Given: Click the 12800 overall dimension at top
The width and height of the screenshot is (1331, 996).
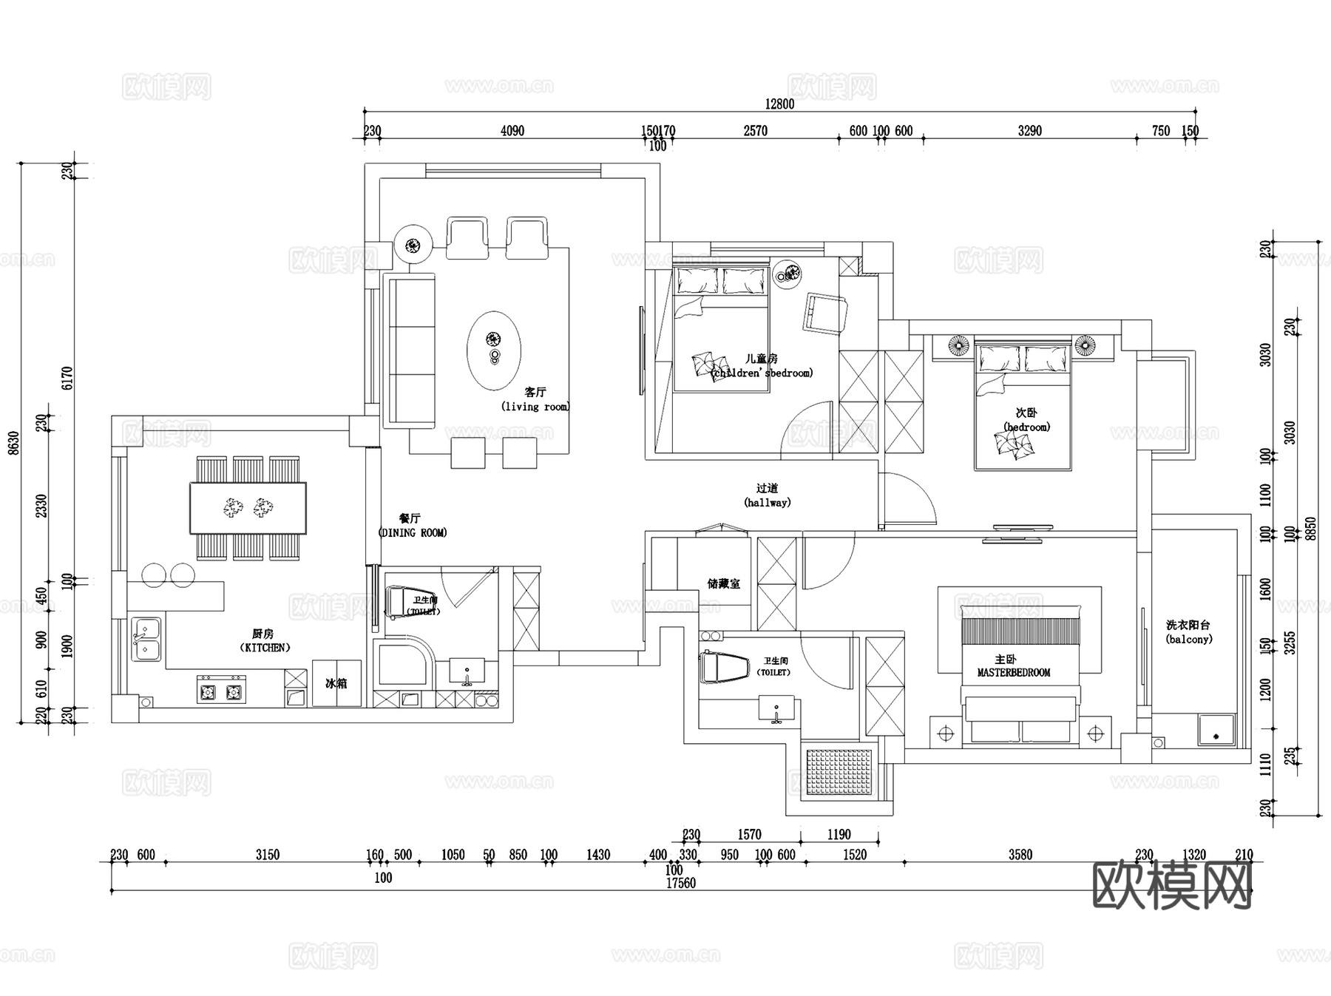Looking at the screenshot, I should tap(779, 104).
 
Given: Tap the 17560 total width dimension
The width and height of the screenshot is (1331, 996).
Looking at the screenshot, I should tap(680, 883).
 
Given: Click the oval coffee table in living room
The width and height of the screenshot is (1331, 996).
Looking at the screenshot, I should tap(493, 350).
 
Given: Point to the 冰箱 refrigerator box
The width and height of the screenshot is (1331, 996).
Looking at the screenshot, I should tap(336, 683).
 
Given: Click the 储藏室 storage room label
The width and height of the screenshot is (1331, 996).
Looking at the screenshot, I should tap(723, 584).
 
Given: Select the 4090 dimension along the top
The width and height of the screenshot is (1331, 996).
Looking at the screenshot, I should tap(512, 131).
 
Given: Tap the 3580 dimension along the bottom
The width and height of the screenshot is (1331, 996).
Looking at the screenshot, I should tap(1020, 855).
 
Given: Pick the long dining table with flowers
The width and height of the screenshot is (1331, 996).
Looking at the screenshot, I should tap(248, 507).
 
